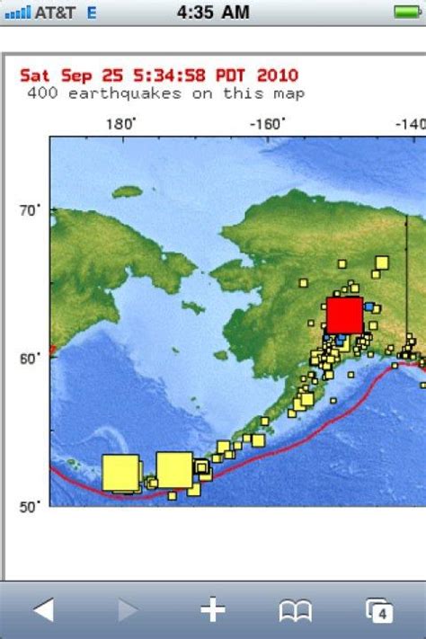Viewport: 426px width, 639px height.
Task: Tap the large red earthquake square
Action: tap(343, 315)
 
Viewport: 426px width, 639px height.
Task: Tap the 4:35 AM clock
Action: tap(212, 12)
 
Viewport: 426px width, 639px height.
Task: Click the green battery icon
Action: tap(407, 12)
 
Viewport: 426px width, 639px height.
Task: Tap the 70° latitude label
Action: tap(30, 211)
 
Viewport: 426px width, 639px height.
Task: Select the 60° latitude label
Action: tap(30, 359)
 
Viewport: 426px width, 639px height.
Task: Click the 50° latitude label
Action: tap(30, 507)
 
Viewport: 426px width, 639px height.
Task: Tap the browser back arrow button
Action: tap(43, 611)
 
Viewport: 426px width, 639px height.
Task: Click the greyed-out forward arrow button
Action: tap(128, 611)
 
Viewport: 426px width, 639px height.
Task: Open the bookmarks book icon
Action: tap(296, 611)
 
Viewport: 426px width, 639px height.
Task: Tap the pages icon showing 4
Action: tap(380, 611)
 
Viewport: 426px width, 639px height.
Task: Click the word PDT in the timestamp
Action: tap(225, 75)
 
